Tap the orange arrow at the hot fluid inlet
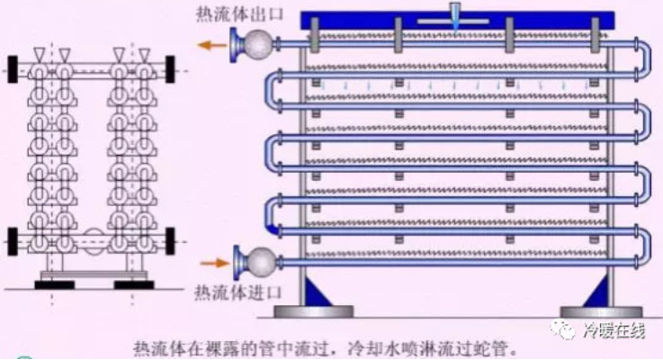[x=213, y=263]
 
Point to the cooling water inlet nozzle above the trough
[x=457, y=13]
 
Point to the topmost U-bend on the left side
[x=272, y=90]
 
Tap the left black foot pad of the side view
[x=53, y=285]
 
